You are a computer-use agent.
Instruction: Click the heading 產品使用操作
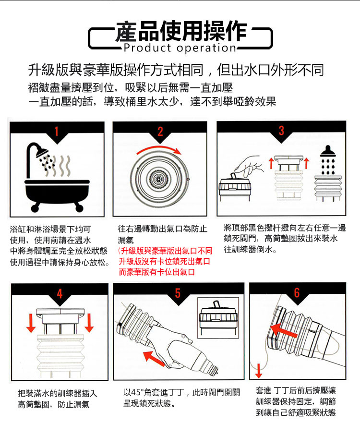pos(180,31)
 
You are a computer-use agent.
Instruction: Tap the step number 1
pos(57,131)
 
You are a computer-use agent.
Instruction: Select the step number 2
pos(160,131)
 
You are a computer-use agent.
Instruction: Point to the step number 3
pos(281,131)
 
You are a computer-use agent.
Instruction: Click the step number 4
pos(60,293)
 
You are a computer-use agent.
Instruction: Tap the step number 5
pos(178,293)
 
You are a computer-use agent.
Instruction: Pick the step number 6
pos(297,293)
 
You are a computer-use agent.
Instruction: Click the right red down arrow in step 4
pos(90,323)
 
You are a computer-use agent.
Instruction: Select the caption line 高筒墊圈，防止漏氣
pos(54,404)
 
